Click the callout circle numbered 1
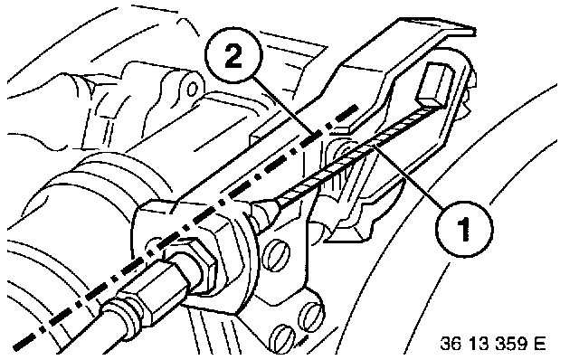click(464, 229)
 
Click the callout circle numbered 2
click(233, 55)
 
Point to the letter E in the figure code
click(539, 344)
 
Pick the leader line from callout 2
click(283, 108)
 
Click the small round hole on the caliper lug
click(192, 89)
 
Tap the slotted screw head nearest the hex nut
click(276, 255)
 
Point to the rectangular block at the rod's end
click(435, 84)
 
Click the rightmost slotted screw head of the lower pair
click(312, 315)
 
